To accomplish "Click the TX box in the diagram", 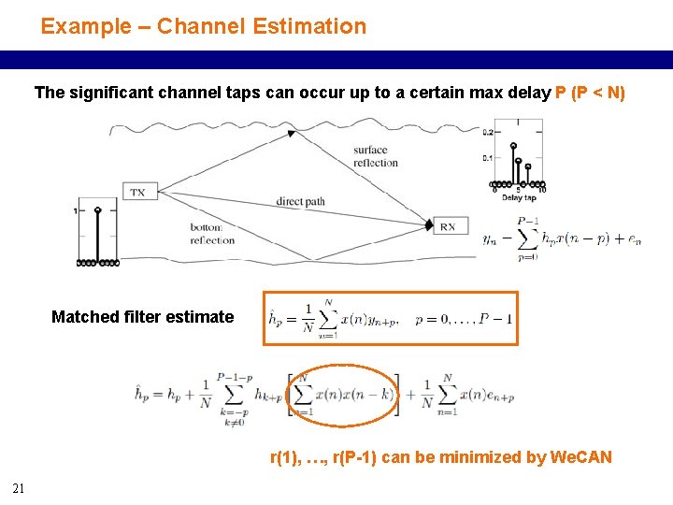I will pyautogui.click(x=137, y=192).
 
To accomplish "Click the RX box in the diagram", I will pyautogui.click(x=448, y=225).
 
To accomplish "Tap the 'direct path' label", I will pyautogui.click(x=300, y=202).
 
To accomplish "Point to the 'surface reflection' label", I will pyautogui.click(x=376, y=156).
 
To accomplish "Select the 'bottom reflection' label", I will pyautogui.click(x=212, y=234).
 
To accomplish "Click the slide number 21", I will pyautogui.click(x=19, y=487).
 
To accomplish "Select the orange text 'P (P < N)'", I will pyautogui.click(x=590, y=94).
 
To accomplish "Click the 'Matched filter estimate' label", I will pyautogui.click(x=142, y=317).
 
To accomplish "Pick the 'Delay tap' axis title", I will pyautogui.click(x=518, y=198).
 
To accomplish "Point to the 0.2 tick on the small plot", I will pyautogui.click(x=487, y=133).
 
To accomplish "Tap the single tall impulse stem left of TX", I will pyautogui.click(x=96, y=234).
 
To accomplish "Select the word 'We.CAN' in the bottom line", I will pyautogui.click(x=581, y=457).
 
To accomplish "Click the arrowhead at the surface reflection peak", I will pyautogui.click(x=291, y=134).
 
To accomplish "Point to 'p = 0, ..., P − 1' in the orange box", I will pyautogui.click(x=464, y=319).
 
